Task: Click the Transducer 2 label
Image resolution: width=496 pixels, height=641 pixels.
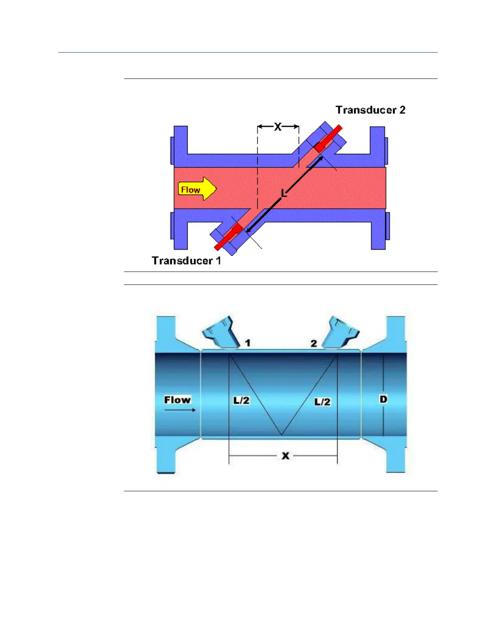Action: (x=370, y=110)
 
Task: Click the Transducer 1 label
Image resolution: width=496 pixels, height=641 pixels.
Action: (x=186, y=261)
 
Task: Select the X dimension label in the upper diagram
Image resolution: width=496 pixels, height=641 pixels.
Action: (x=278, y=127)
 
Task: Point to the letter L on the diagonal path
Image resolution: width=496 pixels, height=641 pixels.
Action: (x=284, y=194)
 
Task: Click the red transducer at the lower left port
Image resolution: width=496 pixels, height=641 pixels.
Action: (x=230, y=236)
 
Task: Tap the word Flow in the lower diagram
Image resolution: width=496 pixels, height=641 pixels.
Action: (x=177, y=400)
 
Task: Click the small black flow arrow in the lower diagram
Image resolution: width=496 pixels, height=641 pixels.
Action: (x=180, y=410)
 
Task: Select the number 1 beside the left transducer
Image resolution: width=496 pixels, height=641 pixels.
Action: (x=248, y=343)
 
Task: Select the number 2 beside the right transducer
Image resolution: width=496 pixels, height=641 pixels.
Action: (x=314, y=344)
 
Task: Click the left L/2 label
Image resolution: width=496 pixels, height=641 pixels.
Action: (x=241, y=401)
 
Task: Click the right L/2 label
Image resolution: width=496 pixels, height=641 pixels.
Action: (x=323, y=402)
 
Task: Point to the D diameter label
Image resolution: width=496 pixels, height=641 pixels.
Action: (x=383, y=399)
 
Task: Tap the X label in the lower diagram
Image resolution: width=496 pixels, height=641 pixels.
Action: (x=285, y=456)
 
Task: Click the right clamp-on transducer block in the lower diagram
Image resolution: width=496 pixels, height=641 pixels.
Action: (x=343, y=332)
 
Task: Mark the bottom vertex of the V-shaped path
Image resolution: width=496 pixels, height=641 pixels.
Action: (x=281, y=435)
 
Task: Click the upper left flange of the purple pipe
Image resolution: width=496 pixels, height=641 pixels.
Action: (x=181, y=142)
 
